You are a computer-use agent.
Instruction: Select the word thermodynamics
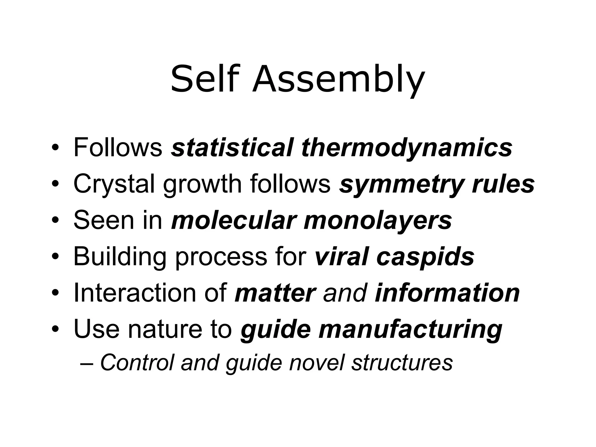pos(407,148)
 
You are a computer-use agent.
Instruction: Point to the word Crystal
pos(113,184)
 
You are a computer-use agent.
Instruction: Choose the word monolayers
pos(377,221)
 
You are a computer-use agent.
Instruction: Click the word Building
pos(120,257)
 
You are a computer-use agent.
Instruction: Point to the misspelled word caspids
pos(425,257)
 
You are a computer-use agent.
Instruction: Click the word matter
pos(275,293)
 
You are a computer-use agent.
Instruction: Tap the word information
pos(447,293)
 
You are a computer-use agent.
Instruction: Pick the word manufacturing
pos(410,329)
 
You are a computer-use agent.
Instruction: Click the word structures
pos(402,363)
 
